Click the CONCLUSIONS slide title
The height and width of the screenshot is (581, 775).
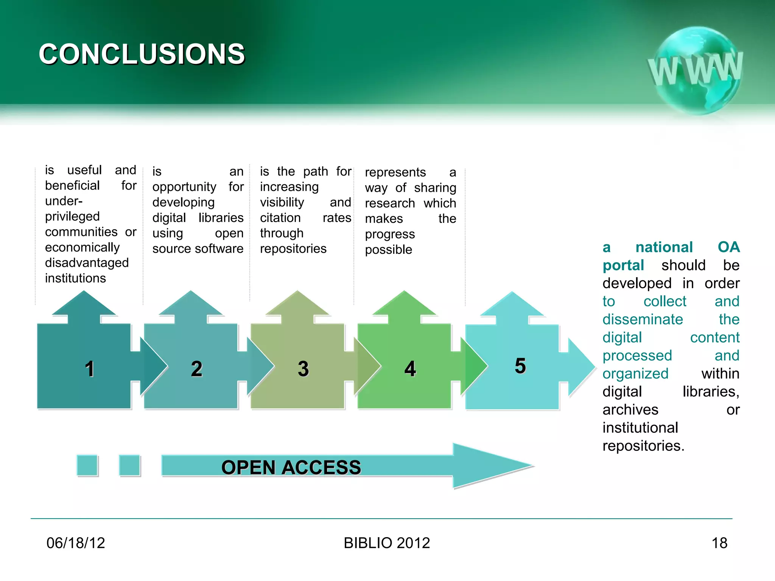(x=142, y=54)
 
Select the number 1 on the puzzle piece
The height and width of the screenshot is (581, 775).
(x=89, y=369)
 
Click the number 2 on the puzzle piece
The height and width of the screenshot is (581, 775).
(x=196, y=369)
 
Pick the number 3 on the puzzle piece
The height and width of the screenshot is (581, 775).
(x=303, y=369)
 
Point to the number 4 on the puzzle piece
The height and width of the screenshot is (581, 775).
(x=410, y=369)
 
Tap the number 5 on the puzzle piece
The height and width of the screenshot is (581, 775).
(x=520, y=366)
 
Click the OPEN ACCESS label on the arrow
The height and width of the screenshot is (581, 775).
(x=291, y=467)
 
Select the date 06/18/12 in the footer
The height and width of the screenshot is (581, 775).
(x=76, y=543)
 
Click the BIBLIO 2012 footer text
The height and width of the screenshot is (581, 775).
(x=387, y=543)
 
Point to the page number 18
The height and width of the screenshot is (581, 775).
(x=719, y=543)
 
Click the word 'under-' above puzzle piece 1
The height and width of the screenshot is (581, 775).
(x=64, y=201)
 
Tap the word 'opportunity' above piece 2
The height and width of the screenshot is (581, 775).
(x=184, y=187)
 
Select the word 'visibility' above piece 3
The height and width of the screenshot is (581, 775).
(x=282, y=202)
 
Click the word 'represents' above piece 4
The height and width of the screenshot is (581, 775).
(x=395, y=172)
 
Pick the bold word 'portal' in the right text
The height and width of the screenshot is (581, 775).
(x=623, y=265)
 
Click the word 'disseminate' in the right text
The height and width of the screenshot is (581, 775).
(x=643, y=320)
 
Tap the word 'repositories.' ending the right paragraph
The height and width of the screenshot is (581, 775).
(x=643, y=446)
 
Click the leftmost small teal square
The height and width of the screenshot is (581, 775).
(x=87, y=465)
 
